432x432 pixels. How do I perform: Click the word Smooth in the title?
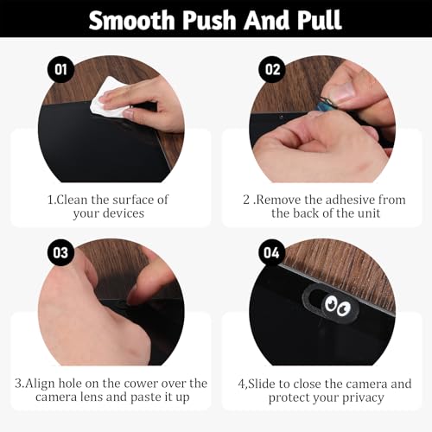132,20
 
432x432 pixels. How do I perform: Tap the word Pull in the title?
320,20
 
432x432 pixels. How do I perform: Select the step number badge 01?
60,69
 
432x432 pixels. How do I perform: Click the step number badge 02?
272,69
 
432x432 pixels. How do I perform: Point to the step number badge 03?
60,252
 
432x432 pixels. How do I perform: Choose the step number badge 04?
272,252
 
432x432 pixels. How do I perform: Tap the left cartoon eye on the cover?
331,303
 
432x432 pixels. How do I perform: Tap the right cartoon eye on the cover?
343,308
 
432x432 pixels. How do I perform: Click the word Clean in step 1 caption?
72,200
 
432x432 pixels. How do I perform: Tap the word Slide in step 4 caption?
262,384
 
